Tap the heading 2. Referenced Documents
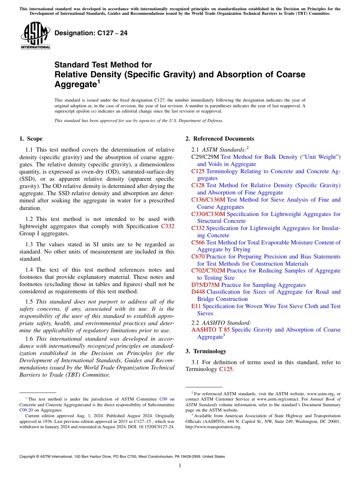coord(220,139)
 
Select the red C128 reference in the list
coord(198,185)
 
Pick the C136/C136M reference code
coord(208,200)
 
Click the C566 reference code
coord(198,242)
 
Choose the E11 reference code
coord(196,306)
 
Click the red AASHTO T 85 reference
coord(210,330)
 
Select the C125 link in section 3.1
coord(226,369)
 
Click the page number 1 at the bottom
coord(180,465)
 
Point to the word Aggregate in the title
coord(75,84)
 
